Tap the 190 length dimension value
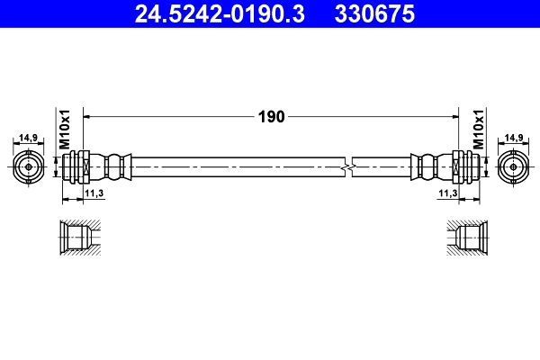[272, 116]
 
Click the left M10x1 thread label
[65, 131]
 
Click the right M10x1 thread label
[478, 131]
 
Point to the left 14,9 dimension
[28, 138]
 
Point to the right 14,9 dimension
[514, 138]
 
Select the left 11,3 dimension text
[94, 193]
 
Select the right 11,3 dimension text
[447, 193]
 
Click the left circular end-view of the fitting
[29, 166]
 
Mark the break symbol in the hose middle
[348, 166]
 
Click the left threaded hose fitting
[78, 166]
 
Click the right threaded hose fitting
[463, 166]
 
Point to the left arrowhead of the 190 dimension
[87, 115]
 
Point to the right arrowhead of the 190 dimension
[454, 115]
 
